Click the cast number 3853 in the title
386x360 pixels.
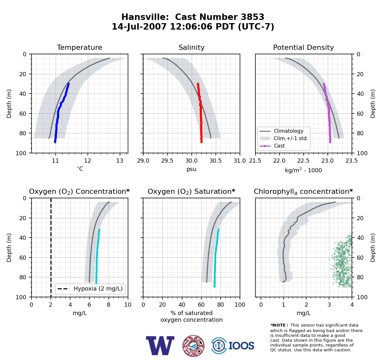(x=252, y=17)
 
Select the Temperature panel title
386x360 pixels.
(x=79, y=47)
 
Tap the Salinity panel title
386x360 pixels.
(x=191, y=47)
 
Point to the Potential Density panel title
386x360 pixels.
(x=303, y=47)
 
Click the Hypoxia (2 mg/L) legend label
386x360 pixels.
(x=98, y=289)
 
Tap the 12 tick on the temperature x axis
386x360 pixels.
(x=88, y=161)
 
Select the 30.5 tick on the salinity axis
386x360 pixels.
(x=216, y=161)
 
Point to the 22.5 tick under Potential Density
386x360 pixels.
(x=303, y=161)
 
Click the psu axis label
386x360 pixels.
(x=191, y=169)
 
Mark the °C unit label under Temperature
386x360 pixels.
(x=80, y=169)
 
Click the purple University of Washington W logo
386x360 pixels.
(x=160, y=346)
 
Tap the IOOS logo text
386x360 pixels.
(x=241, y=346)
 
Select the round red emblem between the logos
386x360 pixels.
(x=193, y=346)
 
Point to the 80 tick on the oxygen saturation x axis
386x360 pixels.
(x=220, y=305)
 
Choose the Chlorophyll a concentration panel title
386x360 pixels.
(x=303, y=192)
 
